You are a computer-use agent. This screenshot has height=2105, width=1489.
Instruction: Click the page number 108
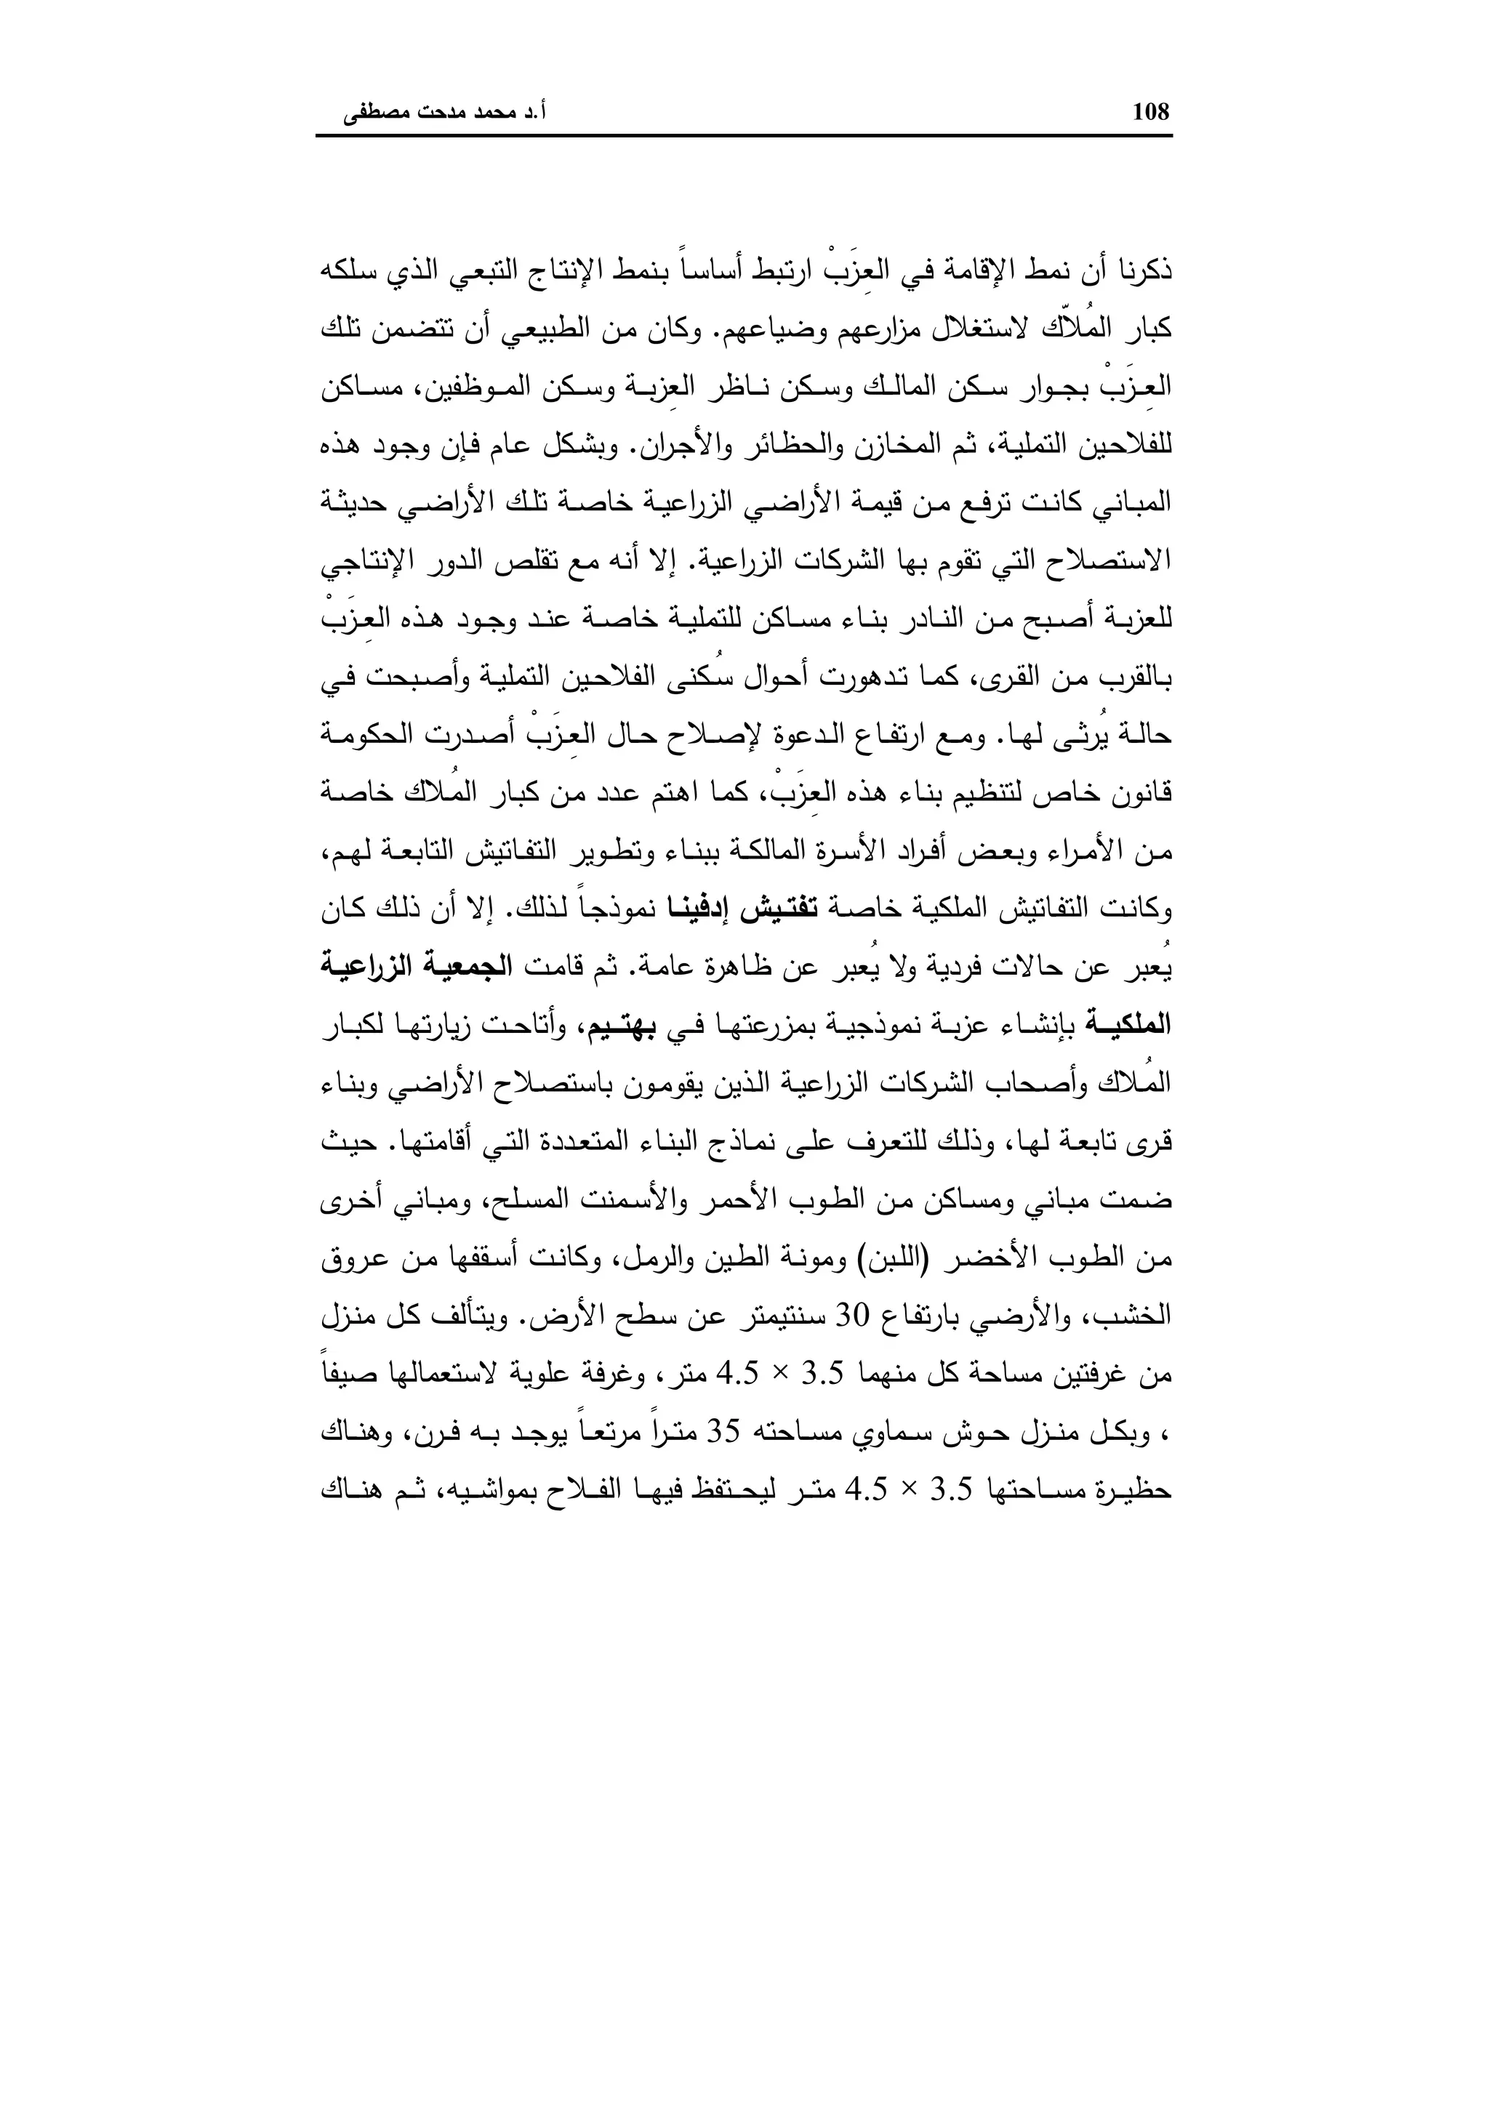(1152, 112)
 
